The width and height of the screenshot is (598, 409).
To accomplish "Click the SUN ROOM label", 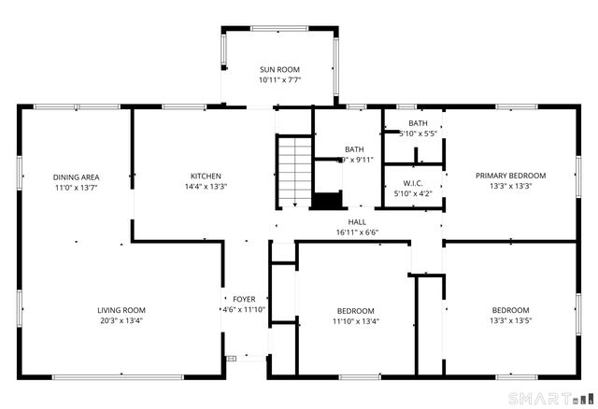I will [280, 69].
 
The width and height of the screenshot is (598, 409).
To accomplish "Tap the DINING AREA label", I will [76, 176].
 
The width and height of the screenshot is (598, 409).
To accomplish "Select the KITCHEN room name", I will [206, 176].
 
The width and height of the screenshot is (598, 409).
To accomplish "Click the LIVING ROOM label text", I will [121, 310].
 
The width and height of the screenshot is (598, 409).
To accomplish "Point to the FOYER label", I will [243, 299].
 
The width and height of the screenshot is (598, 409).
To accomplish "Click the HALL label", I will [358, 221].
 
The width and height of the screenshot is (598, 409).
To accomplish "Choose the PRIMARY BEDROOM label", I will [510, 175].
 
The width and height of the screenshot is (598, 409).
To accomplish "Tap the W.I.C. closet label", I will [414, 183].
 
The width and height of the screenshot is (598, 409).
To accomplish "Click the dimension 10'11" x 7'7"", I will [280, 80].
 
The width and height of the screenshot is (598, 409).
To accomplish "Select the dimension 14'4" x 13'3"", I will [206, 187].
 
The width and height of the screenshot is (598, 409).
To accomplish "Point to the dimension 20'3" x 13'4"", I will [121, 321].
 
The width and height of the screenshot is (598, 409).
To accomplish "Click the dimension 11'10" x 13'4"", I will [355, 322].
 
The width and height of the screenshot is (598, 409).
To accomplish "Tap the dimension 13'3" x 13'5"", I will [510, 321].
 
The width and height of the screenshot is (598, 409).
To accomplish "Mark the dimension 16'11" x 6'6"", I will [358, 232].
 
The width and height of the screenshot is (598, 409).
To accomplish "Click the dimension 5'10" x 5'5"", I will [418, 134].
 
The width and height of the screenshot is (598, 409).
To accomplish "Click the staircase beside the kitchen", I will [292, 171].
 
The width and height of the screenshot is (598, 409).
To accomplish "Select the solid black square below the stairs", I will [327, 201].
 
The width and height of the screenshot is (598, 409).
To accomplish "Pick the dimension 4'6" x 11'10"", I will [243, 310].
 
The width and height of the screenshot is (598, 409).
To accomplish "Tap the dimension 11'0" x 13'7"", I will [76, 188].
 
